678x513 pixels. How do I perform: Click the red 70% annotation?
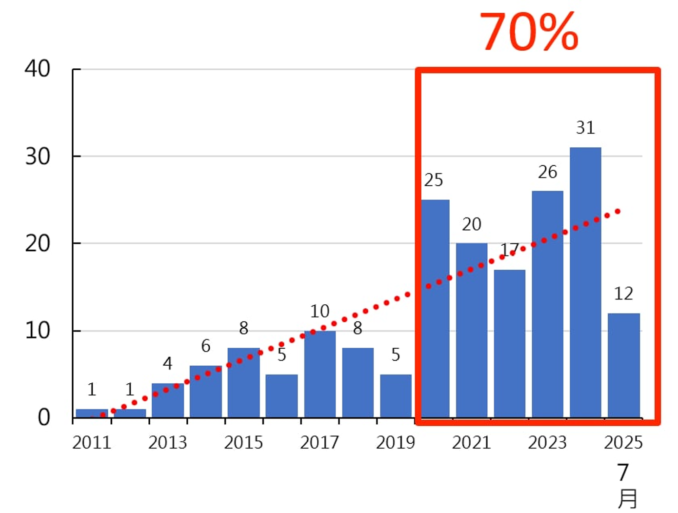pos(529,32)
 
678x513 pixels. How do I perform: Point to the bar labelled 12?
pos(623,365)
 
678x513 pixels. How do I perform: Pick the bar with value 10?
pos(319,374)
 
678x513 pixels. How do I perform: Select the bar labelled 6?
pos(205,392)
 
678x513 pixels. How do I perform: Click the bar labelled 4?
pos(167,400)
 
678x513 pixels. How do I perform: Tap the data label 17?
pos(509,250)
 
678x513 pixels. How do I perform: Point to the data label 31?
pos(585,128)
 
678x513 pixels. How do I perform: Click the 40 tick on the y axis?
pos(38,69)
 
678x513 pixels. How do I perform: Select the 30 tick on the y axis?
pos(38,157)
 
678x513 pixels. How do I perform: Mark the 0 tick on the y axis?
pos(43,417)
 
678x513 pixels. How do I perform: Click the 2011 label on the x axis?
pos(92,442)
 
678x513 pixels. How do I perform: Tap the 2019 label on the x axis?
pos(395,442)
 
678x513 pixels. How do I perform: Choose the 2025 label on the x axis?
pos(623,442)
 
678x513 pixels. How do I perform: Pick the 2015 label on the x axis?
pos(243,442)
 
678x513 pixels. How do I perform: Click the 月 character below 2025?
pos(627,499)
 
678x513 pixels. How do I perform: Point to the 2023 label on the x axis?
pos(547,442)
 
